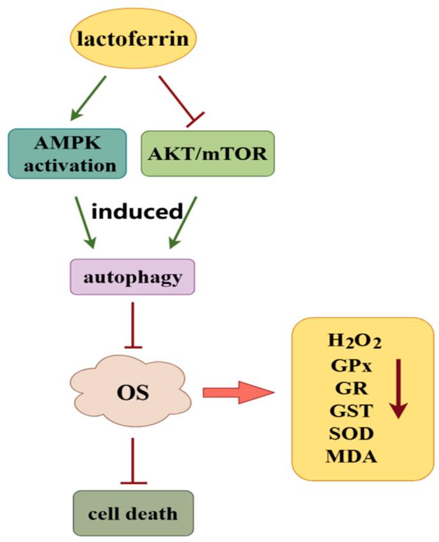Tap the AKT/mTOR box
207,154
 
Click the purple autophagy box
131,277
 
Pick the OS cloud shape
133,391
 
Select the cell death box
133,512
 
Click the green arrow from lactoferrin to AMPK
88,98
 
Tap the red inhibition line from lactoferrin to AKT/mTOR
181,97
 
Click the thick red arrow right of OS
237,392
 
